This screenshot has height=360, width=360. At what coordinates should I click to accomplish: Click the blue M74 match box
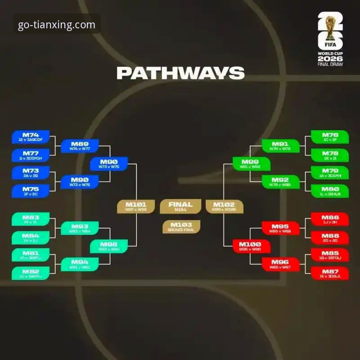pos(31,137)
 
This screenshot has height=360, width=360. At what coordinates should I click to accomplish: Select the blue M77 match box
pos(31,155)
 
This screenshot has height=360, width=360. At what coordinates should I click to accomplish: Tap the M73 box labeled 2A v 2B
pos(31,173)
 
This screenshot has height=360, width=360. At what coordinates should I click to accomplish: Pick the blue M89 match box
pos(80,146)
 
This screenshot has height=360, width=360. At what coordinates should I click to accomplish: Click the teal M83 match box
pos(31,219)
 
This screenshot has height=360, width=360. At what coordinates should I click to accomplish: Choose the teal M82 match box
pos(31,273)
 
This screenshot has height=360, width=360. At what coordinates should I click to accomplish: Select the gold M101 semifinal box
pos(135,206)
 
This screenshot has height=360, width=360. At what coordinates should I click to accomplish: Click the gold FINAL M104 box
pos(180,206)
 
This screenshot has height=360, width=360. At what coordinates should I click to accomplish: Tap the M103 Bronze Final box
pos(181,227)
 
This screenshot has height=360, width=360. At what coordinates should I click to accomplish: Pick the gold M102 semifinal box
pos(225,206)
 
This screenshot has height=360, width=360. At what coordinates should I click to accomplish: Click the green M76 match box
pos(330,137)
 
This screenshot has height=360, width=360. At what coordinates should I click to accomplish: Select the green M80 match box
pos(330,191)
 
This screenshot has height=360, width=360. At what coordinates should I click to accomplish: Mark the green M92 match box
pos(280,182)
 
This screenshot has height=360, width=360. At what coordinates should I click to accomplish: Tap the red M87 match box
pos(330,273)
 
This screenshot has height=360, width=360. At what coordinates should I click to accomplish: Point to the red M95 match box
pos(280,228)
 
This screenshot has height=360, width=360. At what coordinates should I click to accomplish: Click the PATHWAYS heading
pos(180,73)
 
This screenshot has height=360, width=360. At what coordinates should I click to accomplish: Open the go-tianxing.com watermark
pos(57,25)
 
